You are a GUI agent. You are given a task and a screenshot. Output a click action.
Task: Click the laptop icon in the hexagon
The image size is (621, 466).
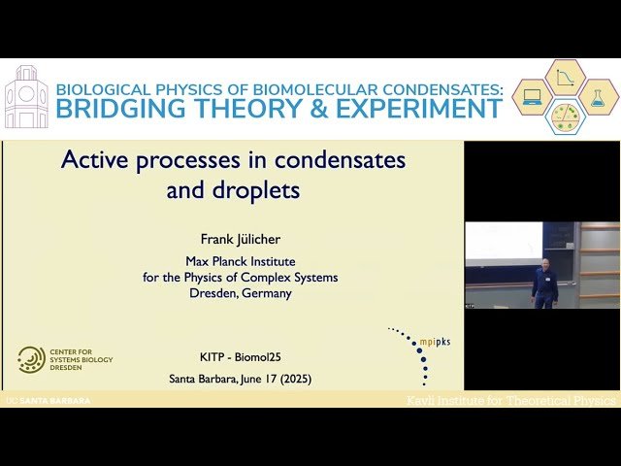click(x=533, y=97)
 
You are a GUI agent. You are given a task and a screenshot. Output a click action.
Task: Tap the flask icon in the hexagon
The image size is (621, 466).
click(x=598, y=97)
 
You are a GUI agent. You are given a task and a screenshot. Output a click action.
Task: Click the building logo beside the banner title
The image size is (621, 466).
click(x=26, y=97)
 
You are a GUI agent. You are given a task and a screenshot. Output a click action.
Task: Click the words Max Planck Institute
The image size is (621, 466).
click(x=241, y=261)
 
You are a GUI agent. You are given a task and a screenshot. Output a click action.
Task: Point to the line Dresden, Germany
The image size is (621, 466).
click(x=241, y=293)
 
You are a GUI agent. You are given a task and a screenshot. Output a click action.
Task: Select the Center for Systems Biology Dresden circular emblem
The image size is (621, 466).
click(x=30, y=360)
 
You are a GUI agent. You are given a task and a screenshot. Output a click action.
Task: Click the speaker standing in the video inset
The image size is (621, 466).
click(x=544, y=283)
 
